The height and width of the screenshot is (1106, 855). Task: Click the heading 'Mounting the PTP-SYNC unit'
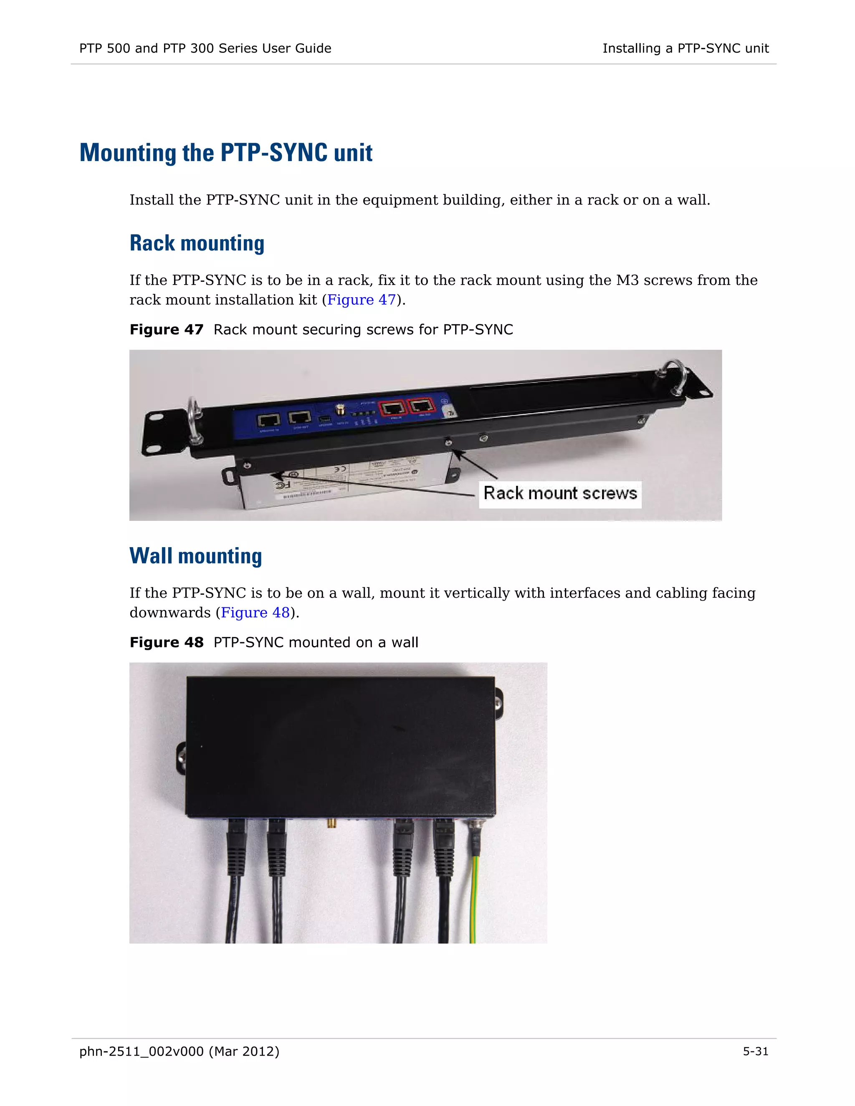[x=226, y=153]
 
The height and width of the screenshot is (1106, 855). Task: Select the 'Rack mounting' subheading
[x=197, y=244]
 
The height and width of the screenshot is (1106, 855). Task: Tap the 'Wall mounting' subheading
[x=195, y=556]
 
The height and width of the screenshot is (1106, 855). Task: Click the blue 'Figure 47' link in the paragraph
[x=361, y=300]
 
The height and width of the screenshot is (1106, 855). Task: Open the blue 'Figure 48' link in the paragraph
[x=255, y=613]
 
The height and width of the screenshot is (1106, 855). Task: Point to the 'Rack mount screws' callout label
[x=560, y=494]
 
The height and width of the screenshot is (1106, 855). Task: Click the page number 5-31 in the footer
[x=755, y=1051]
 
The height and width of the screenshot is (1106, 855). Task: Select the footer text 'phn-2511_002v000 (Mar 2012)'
[x=179, y=1051]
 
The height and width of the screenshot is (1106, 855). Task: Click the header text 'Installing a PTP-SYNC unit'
[x=686, y=48]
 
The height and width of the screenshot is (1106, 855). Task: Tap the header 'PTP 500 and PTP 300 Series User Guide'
[x=205, y=48]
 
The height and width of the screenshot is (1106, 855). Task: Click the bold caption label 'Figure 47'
[x=166, y=330]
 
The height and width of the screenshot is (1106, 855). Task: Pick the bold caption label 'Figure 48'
[x=166, y=643]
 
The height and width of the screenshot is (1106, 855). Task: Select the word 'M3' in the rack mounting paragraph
[x=627, y=280]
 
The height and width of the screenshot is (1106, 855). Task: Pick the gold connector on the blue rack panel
[x=340, y=409]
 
